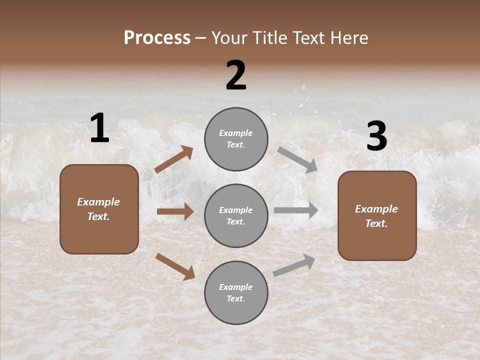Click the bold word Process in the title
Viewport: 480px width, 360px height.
tap(157, 38)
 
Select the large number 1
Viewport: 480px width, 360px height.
tap(99, 128)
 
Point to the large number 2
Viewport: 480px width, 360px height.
tap(236, 75)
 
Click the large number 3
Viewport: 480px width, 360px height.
tap(376, 137)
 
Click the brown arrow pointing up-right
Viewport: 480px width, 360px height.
tap(174, 159)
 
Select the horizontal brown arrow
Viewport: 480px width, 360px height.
tap(175, 211)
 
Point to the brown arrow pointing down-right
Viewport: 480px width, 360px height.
tap(175, 266)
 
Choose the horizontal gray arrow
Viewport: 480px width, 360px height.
tap(296, 210)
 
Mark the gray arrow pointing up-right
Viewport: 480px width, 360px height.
tap(294, 265)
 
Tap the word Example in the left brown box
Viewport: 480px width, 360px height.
tap(98, 202)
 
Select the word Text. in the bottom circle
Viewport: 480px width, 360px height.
tap(235, 298)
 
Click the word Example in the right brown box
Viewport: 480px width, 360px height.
tap(376, 209)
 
